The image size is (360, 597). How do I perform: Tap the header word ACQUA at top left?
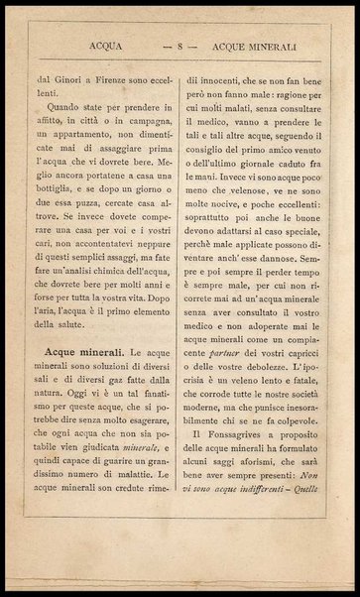(x=105, y=43)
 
